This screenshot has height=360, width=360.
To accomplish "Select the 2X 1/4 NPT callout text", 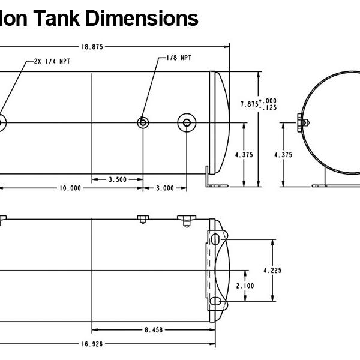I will pos(53,61).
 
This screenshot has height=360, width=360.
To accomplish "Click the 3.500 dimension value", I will pos(118,179).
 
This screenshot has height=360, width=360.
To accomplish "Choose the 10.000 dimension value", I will pos(70,188).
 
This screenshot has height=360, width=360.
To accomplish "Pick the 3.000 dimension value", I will pos(164,188).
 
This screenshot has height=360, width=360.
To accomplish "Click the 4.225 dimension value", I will pos(272,270).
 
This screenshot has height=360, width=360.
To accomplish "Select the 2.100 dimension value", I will pos(245,286).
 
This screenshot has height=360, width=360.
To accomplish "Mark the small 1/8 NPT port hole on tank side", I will pos(143,122).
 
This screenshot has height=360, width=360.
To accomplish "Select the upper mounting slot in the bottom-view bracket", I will pos(214,239).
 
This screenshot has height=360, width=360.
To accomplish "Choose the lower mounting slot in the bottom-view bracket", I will pos(214,301).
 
